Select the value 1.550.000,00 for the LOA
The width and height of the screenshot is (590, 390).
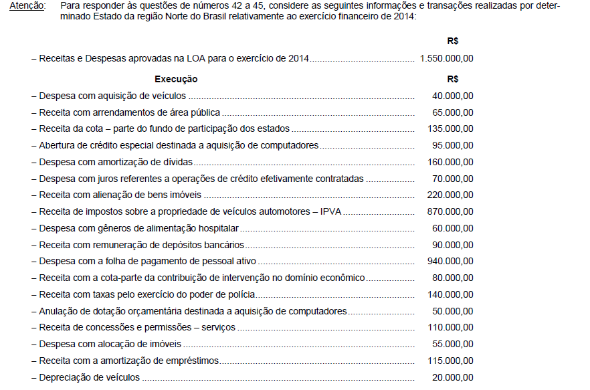pos(446,58)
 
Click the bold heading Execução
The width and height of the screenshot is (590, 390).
pos(176,79)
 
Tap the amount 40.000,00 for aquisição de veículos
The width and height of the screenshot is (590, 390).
pos(453,96)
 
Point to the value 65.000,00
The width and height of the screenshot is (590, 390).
pos(453,112)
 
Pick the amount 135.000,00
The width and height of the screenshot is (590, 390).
pos(450,128)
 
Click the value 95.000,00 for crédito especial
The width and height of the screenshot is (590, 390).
pos(453,145)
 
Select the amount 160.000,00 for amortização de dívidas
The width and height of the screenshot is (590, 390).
pos(450,162)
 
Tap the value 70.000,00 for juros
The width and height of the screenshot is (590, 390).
pos(453,179)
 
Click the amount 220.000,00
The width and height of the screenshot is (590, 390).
pos(450,195)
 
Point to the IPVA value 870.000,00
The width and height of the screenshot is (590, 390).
pos(450,211)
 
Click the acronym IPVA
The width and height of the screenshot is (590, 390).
pos(331,211)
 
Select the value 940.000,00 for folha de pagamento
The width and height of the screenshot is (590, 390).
pos(450,261)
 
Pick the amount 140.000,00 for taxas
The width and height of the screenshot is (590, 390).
pos(450,294)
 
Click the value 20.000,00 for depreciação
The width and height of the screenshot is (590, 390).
pos(453,377)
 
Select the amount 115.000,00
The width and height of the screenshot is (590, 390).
pos(450,361)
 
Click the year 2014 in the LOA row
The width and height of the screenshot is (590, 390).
pos(298,58)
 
